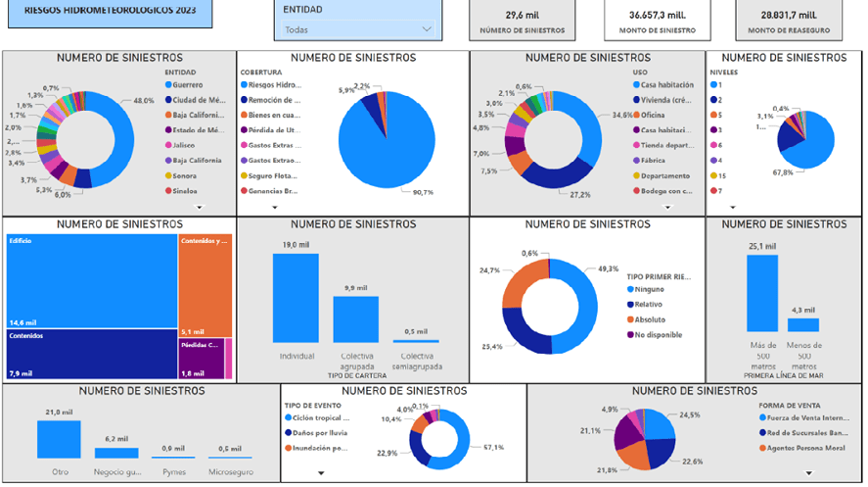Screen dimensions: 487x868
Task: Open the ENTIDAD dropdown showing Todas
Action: (x=357, y=29)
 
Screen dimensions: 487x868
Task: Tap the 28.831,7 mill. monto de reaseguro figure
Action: (x=788, y=16)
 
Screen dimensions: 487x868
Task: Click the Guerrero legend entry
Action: (x=196, y=85)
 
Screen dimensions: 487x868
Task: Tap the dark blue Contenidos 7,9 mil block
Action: (x=91, y=353)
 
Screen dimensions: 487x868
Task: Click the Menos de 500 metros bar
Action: (x=802, y=324)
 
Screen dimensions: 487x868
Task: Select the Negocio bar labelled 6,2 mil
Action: (x=116, y=453)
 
